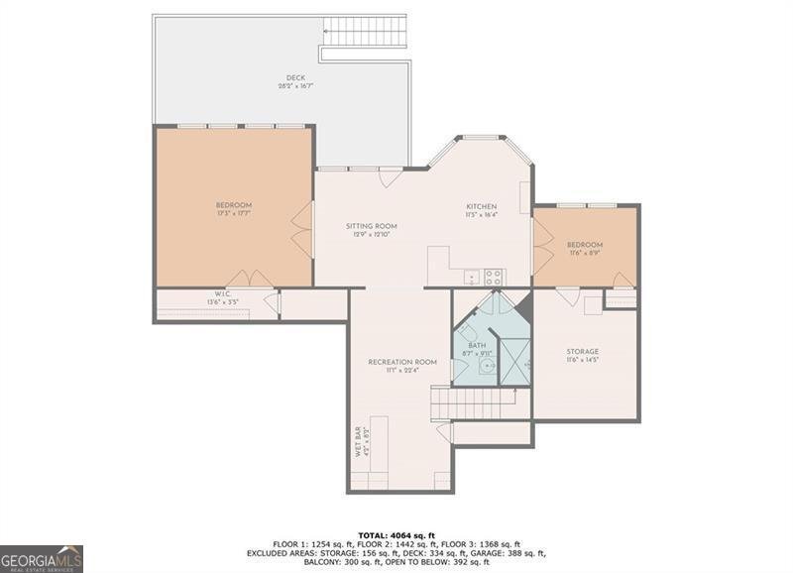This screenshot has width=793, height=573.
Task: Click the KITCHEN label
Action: [x=482, y=206]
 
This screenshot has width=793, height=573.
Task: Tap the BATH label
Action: [x=478, y=346]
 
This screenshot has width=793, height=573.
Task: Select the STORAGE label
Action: [x=583, y=351]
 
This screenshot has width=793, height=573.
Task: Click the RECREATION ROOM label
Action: [x=402, y=362]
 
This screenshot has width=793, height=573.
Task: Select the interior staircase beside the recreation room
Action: [x=474, y=403]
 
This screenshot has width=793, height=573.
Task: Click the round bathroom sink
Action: [x=487, y=366]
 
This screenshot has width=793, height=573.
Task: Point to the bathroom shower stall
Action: [x=514, y=362]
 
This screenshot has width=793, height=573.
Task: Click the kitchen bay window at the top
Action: [x=483, y=138]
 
